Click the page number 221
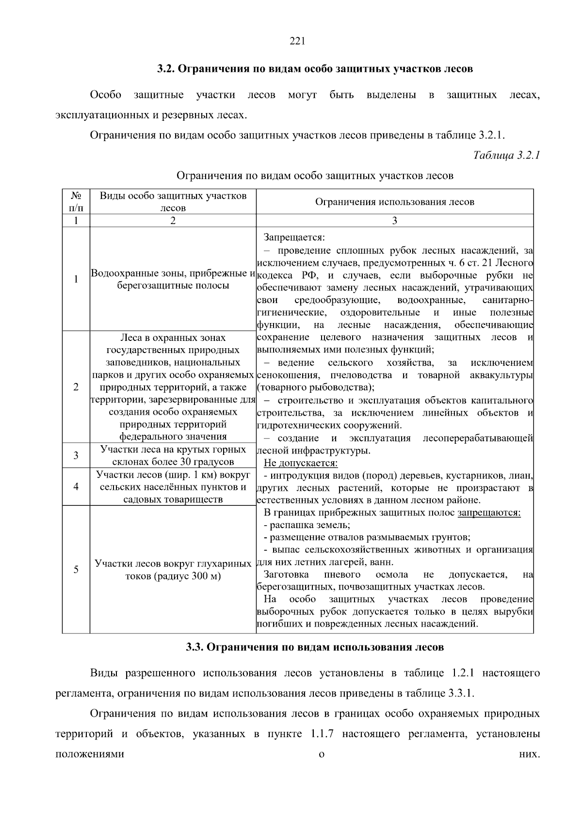(x=297, y=41)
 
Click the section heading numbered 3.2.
(x=315, y=69)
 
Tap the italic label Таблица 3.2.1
(x=506, y=155)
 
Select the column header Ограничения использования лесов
(x=394, y=202)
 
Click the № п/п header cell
(x=76, y=202)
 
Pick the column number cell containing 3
(x=394, y=221)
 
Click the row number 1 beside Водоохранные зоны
(x=76, y=279)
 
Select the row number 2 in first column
(x=76, y=387)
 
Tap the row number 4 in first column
(x=76, y=486)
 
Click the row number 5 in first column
(x=76, y=569)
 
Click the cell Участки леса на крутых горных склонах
(x=173, y=455)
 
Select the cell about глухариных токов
(x=173, y=570)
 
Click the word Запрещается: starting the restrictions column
(x=294, y=238)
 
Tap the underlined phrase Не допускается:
(x=300, y=463)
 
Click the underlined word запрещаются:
(x=489, y=513)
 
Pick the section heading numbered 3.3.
(x=315, y=647)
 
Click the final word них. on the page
(x=530, y=755)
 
